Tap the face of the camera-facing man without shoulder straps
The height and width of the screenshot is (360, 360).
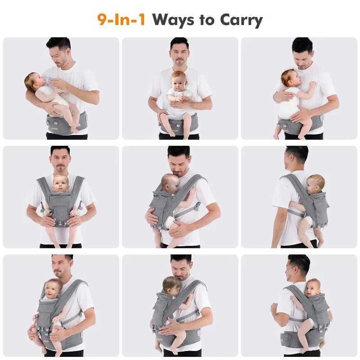(x=180, y=54)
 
